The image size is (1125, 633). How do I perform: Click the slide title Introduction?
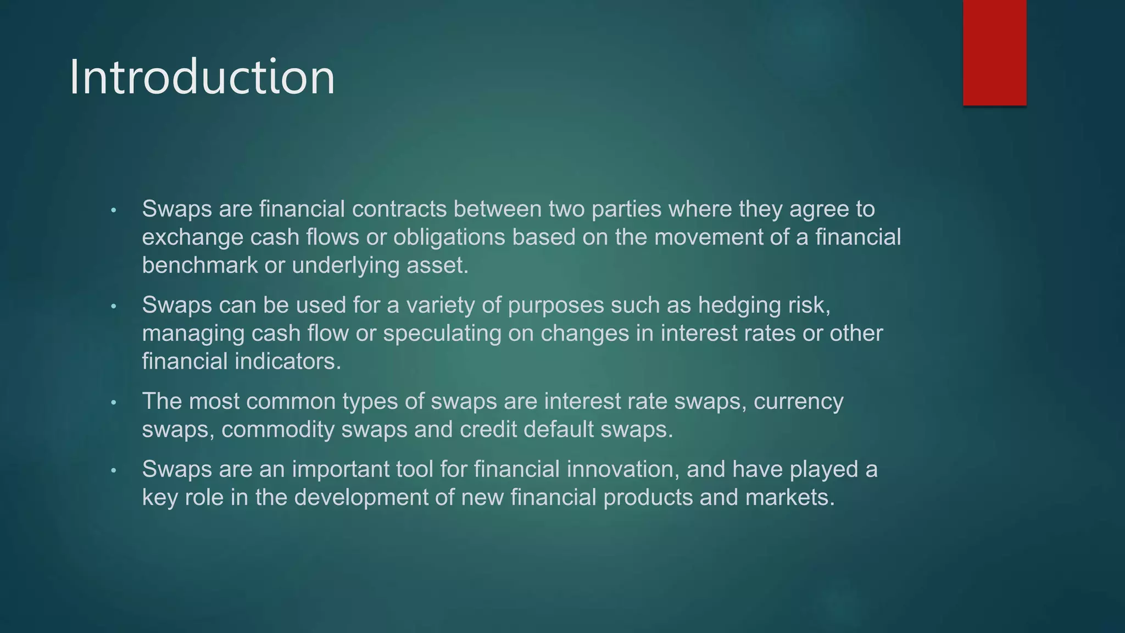pyautogui.click(x=202, y=77)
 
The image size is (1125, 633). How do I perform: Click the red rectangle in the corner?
pyautogui.click(x=994, y=53)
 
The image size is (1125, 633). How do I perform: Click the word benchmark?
pyautogui.click(x=199, y=265)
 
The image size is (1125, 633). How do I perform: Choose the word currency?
pyautogui.click(x=798, y=402)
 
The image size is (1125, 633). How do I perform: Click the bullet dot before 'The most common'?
pyautogui.click(x=114, y=403)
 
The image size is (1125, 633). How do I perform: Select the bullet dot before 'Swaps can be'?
pyautogui.click(x=114, y=307)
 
